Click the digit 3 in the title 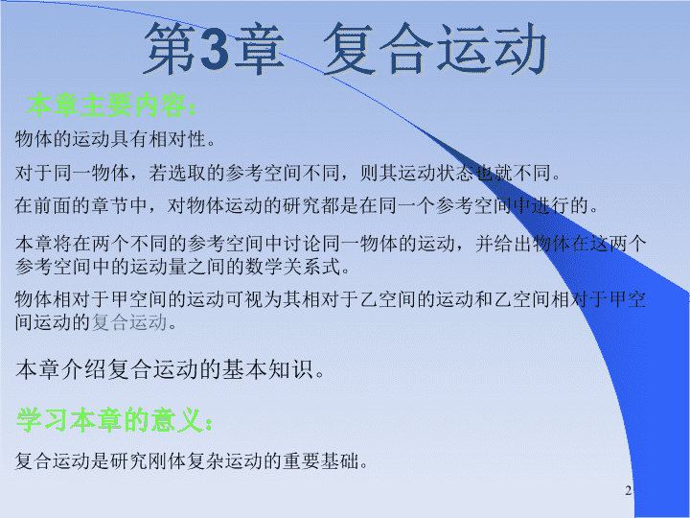(x=215, y=49)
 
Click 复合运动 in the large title (x=435, y=49)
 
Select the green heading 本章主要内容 (x=106, y=105)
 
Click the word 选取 (x=187, y=173)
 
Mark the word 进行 (x=551, y=205)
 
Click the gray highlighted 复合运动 (x=129, y=322)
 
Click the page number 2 (x=628, y=491)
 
